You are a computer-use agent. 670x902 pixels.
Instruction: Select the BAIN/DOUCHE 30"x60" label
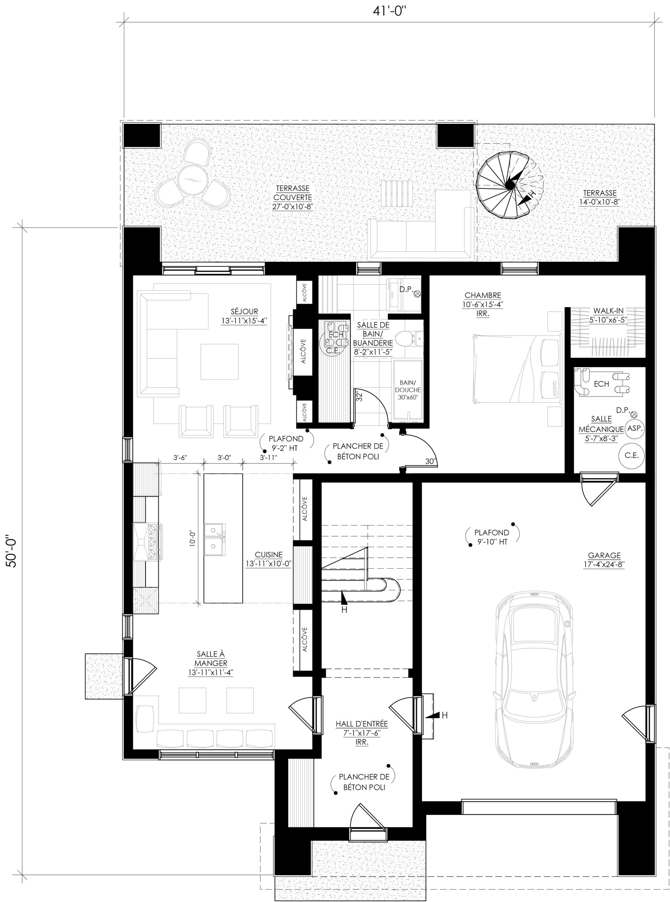(408, 390)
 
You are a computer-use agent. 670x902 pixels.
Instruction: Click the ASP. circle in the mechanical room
(635, 428)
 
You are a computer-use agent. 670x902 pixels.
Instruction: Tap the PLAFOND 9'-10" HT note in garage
(491, 537)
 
